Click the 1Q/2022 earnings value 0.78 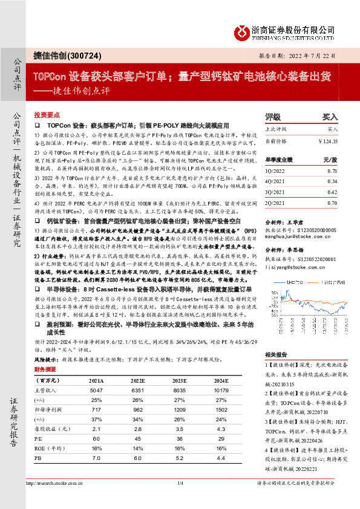[332, 172]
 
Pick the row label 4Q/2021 [275, 181]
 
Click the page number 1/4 [180, 484]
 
